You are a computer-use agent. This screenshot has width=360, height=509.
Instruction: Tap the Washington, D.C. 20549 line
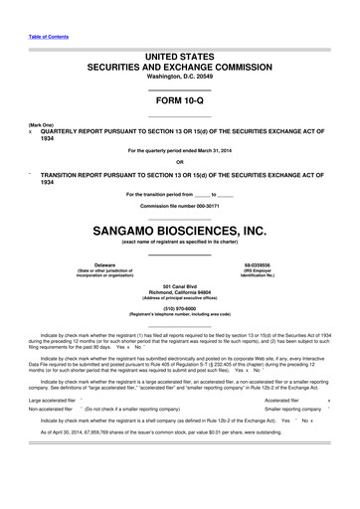[179, 77]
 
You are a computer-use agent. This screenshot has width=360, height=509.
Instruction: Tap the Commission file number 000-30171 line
[179, 204]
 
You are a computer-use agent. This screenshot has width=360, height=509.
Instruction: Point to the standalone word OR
[179, 162]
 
